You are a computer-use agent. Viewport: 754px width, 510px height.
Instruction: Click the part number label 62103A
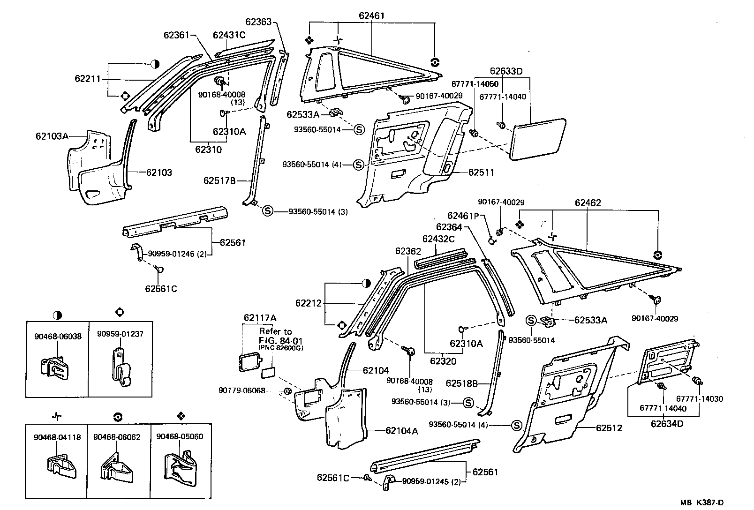click(x=52, y=136)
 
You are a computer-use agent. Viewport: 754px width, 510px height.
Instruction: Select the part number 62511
click(x=481, y=172)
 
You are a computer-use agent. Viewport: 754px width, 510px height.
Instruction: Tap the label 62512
click(x=609, y=428)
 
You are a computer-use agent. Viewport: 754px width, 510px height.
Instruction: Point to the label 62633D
click(x=506, y=71)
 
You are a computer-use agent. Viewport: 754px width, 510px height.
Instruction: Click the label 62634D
click(x=667, y=424)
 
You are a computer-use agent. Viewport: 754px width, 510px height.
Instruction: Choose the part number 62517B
click(x=219, y=180)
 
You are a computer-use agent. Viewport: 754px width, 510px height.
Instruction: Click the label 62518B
click(x=461, y=383)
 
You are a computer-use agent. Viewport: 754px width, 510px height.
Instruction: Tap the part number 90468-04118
click(x=57, y=437)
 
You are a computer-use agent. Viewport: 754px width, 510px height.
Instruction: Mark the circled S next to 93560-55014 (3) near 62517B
click(x=267, y=211)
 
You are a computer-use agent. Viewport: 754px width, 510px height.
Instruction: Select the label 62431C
click(x=229, y=35)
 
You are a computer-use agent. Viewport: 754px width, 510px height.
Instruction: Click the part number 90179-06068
click(x=241, y=390)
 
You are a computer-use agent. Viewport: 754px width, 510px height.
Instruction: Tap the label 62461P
click(x=463, y=216)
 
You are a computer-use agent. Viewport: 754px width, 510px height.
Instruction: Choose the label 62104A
click(x=401, y=430)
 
